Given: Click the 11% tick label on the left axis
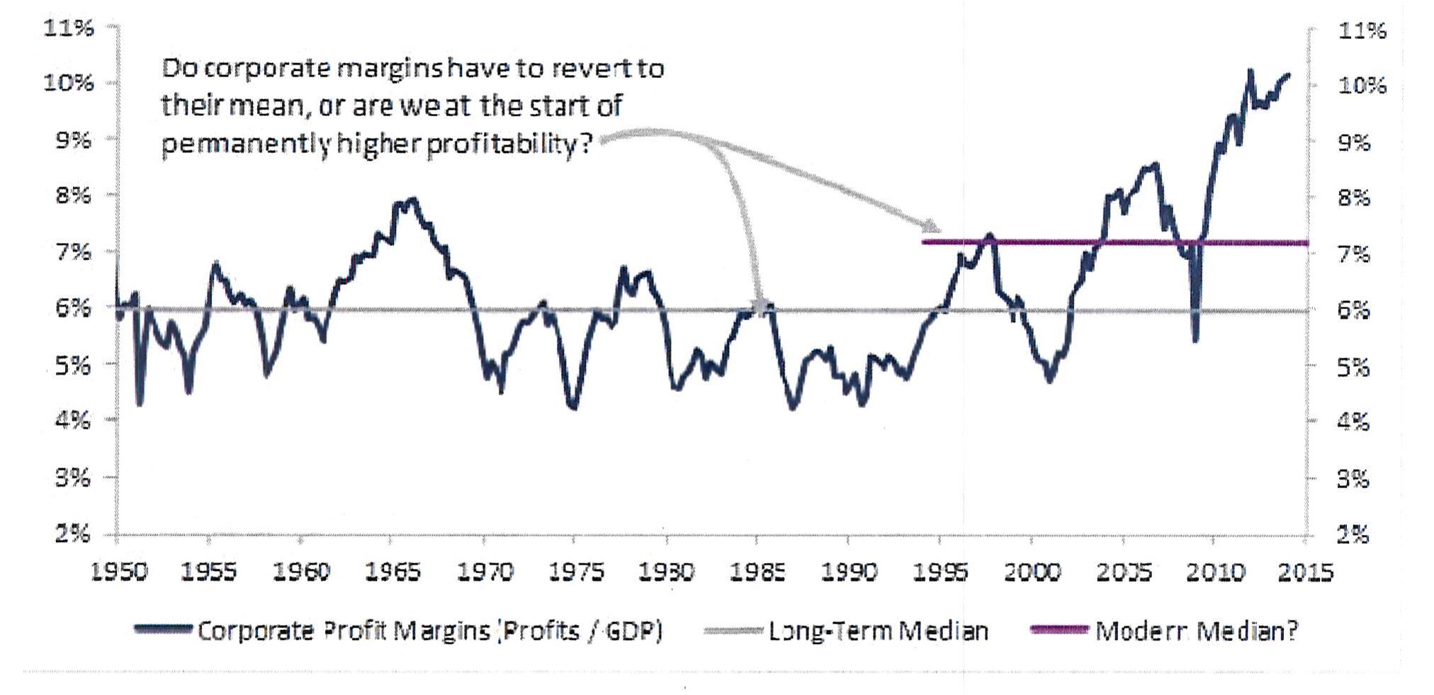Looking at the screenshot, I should click(x=69, y=28).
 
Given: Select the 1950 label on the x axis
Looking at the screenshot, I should click(x=119, y=572).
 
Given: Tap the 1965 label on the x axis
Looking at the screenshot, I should click(x=393, y=572).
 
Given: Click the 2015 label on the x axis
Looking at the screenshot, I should click(x=1305, y=572).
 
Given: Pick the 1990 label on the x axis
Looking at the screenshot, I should click(x=849, y=572).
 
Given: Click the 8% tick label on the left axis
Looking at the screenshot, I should click(x=74, y=195).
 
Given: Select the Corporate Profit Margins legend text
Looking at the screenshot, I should click(x=429, y=631).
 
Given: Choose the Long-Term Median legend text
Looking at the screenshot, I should click(x=878, y=631).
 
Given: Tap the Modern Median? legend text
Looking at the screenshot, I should click(x=1197, y=631).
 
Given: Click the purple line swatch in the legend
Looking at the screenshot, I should click(x=1058, y=629).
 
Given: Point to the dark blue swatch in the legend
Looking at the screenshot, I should click(x=164, y=629).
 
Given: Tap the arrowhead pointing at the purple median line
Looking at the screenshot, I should click(x=932, y=227).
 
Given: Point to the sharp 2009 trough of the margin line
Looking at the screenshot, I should click(x=1196, y=340).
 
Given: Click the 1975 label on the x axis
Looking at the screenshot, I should click(x=575, y=572).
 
